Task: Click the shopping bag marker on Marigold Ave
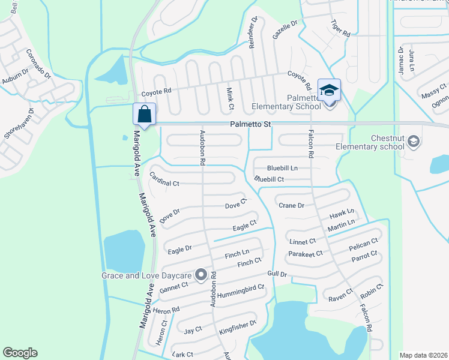[x=145, y=113]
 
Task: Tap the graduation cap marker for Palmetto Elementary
[x=329, y=91]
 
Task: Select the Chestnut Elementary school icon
[x=412, y=142]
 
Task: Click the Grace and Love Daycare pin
[x=201, y=275]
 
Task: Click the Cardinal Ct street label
[x=164, y=178]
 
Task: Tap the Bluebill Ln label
[x=282, y=168]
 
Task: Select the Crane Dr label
[x=292, y=205]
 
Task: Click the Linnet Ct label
[x=302, y=241]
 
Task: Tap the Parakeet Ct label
[x=306, y=254]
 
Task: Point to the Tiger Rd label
[x=340, y=28]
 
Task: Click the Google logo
[x=20, y=353]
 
